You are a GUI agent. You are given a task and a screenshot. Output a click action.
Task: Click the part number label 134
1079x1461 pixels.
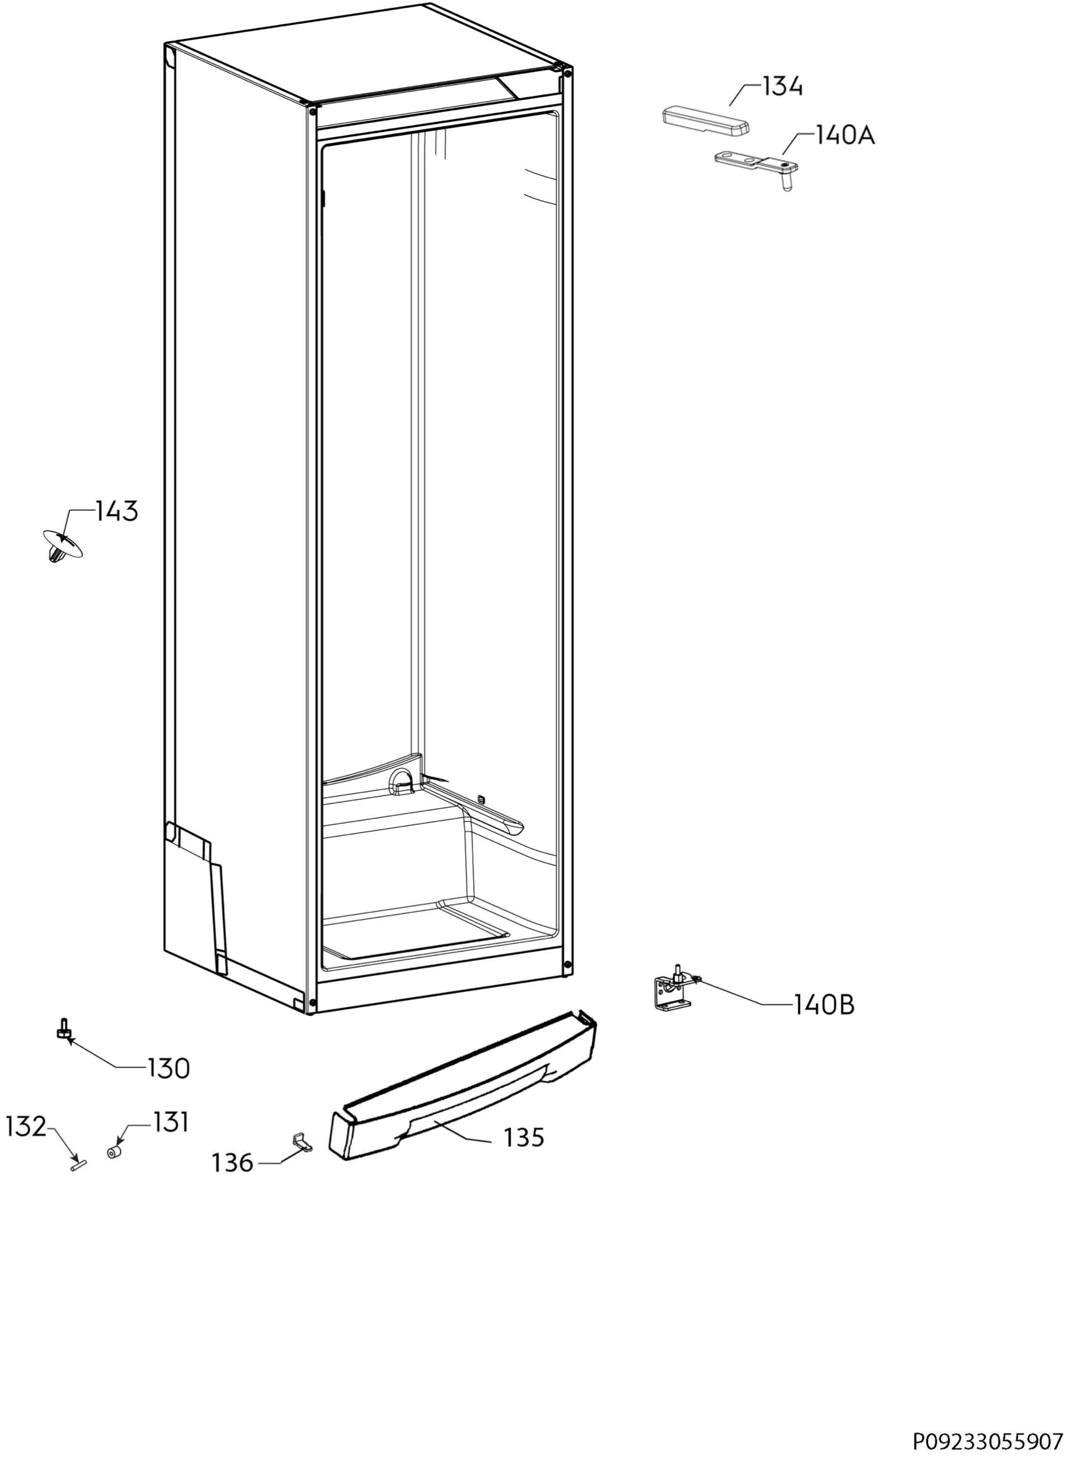(x=782, y=86)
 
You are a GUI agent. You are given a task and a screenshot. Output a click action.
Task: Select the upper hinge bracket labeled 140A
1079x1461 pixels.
(x=756, y=166)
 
